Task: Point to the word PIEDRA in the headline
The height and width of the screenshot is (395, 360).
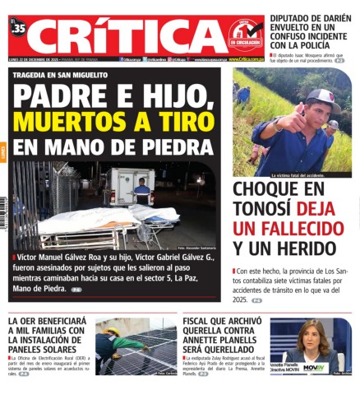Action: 169,147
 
